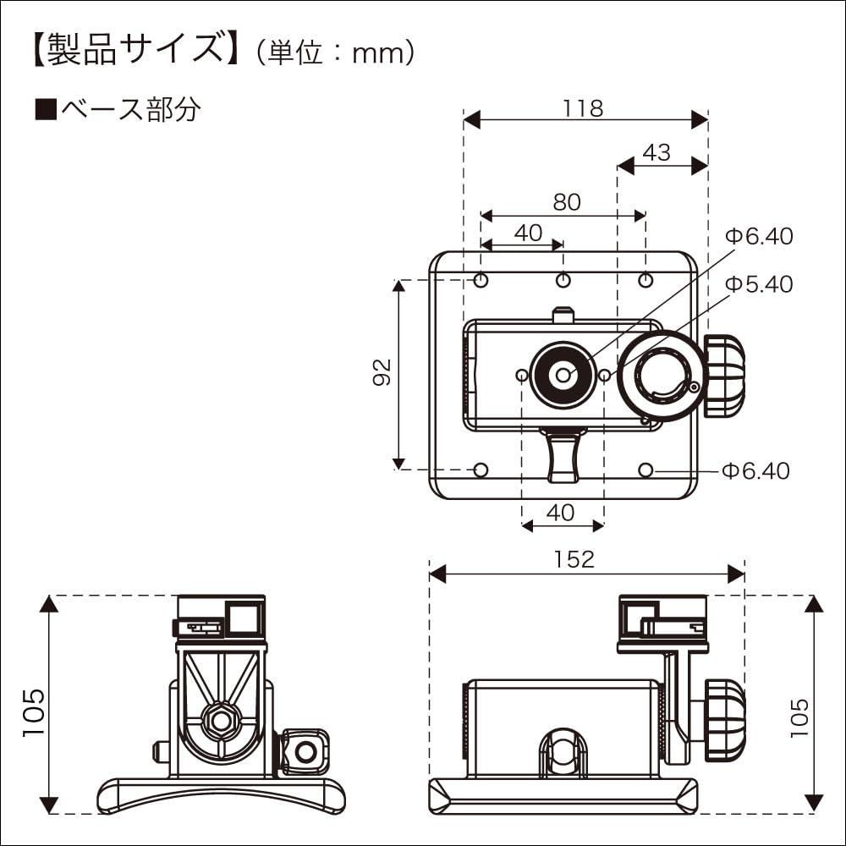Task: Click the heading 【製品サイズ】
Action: point(131,51)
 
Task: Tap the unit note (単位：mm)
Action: point(336,52)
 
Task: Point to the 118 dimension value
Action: point(583,108)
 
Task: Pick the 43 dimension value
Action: point(656,152)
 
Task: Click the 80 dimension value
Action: point(567,202)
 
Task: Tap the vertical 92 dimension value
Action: point(382,372)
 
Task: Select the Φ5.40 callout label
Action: point(760,284)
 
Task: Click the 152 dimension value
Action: point(575,559)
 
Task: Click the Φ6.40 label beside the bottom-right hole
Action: point(755,470)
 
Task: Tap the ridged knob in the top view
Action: point(723,375)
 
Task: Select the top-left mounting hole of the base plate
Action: point(481,280)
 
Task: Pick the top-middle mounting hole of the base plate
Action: point(563,280)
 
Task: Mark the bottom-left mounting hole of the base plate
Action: point(481,470)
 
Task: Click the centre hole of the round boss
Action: point(563,375)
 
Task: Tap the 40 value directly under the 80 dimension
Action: point(528,233)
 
